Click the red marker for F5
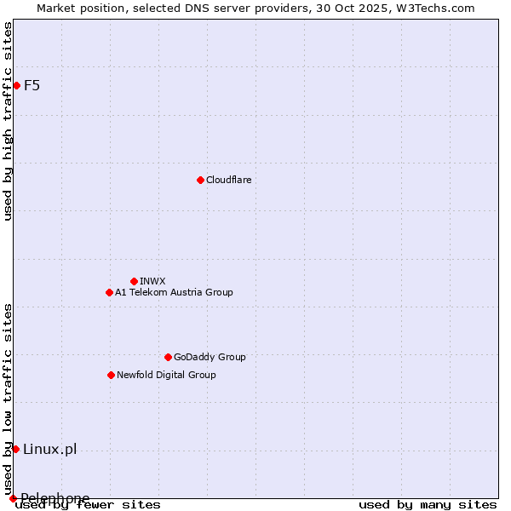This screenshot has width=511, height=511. (16, 85)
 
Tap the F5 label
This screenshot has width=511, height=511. (32, 85)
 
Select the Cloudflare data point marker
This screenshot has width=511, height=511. (200, 180)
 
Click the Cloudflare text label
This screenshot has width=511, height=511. (228, 180)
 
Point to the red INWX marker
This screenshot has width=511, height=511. (134, 281)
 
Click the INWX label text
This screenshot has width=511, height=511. (152, 281)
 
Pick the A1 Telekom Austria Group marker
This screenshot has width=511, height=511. (109, 292)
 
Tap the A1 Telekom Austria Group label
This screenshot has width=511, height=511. (174, 292)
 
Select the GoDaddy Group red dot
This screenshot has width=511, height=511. (168, 357)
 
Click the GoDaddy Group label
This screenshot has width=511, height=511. (210, 357)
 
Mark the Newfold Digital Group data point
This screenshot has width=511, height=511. (111, 375)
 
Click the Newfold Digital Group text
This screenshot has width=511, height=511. (166, 375)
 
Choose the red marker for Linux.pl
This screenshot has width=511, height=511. (15, 449)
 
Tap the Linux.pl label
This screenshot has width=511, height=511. (49, 449)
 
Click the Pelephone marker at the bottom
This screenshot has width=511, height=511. (13, 498)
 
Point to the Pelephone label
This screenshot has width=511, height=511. (55, 498)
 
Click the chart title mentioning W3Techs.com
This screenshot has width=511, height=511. (255, 8)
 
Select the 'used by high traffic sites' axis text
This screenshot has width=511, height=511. (8, 121)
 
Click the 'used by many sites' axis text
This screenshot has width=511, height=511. (428, 504)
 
